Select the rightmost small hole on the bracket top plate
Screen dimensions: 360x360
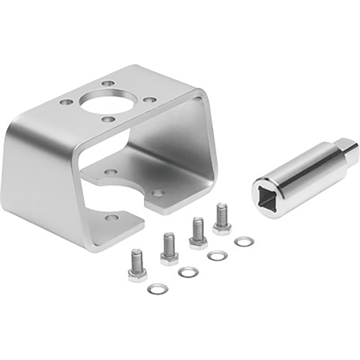pos(149,99)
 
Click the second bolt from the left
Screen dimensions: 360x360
pos(169,249)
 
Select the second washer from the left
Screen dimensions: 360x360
pos(188,272)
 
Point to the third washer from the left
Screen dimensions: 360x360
pos(217,255)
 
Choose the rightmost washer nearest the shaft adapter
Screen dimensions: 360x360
pos(244,241)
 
